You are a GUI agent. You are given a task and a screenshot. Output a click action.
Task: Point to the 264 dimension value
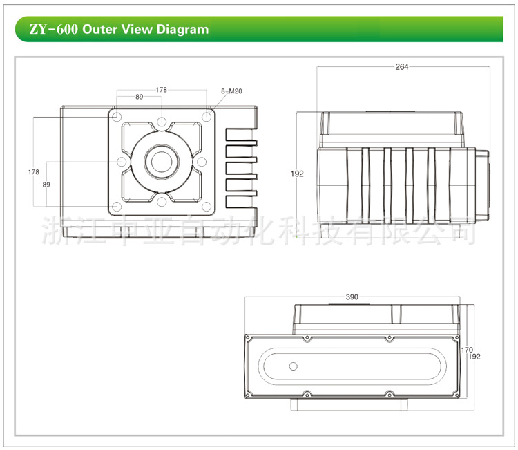click(x=402, y=67)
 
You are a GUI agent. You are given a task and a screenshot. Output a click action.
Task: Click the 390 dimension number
click(x=352, y=297)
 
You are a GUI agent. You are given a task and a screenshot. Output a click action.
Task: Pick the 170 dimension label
click(x=466, y=350)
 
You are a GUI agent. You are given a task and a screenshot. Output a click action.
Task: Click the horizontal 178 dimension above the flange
click(x=161, y=90)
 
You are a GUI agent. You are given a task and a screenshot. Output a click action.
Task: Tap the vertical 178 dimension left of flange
click(x=33, y=171)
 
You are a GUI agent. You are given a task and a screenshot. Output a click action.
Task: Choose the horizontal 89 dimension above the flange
click(x=140, y=97)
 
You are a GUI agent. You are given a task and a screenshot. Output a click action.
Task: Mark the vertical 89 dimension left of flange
click(x=46, y=185)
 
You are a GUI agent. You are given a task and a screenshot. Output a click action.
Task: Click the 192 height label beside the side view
click(x=298, y=174)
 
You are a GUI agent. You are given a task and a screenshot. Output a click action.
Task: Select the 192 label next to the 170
click(x=474, y=357)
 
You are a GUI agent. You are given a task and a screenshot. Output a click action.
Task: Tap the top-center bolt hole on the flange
click(x=162, y=122)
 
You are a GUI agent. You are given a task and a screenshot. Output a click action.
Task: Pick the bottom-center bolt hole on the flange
click(x=162, y=201)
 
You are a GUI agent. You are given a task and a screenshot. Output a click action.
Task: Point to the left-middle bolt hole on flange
click(x=122, y=162)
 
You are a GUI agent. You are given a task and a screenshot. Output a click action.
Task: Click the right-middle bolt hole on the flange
click(x=201, y=162)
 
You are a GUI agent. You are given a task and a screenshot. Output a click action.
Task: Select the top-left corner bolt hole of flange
click(x=117, y=117)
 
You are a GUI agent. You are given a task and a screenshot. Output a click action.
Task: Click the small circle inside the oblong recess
click(x=293, y=365)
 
